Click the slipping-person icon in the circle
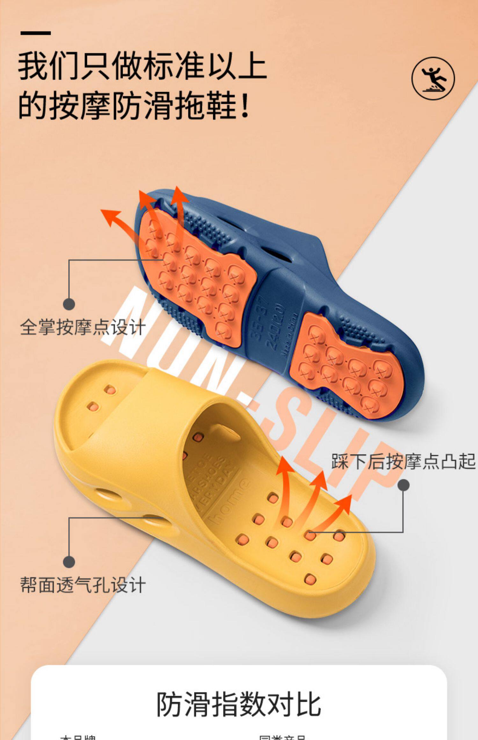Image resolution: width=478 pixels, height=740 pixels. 433,78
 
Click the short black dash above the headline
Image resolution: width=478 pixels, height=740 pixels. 35,33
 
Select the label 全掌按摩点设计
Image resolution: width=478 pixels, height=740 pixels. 83,327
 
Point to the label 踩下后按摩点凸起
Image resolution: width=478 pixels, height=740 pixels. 403,461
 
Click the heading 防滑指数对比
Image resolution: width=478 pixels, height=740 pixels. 238,704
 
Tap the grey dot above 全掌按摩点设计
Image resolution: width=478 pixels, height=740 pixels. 69,304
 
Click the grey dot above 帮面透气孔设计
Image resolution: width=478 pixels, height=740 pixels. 69,562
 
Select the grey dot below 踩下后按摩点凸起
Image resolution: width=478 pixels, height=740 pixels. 403,485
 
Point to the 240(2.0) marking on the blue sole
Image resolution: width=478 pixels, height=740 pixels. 275,327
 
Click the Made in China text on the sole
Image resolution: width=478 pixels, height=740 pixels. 289,335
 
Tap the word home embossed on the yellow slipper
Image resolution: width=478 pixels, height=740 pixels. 228,502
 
